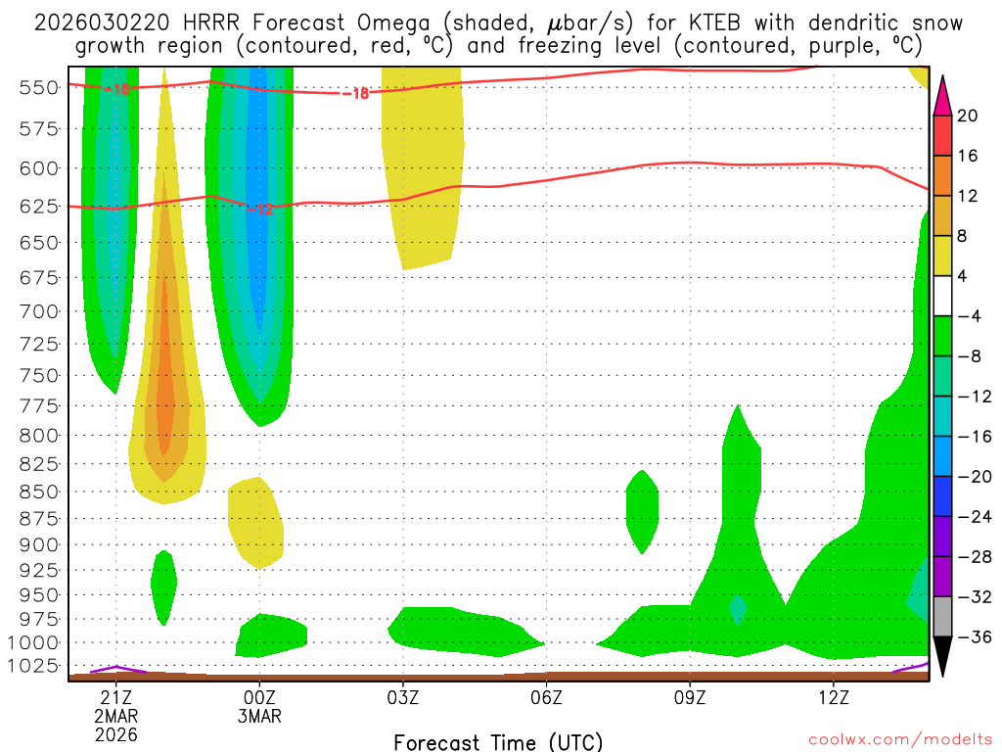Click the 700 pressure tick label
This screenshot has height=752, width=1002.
coord(38,311)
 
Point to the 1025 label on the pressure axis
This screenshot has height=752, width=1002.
coord(38,667)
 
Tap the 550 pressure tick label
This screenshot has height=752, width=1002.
coord(38,87)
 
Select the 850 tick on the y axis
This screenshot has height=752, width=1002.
coord(38,491)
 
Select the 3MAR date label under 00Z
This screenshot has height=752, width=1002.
coord(259,716)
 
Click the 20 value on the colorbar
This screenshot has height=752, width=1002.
coord(968,116)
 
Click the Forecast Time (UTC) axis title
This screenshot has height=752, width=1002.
coord(499,741)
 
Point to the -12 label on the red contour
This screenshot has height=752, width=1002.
coord(259,210)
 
